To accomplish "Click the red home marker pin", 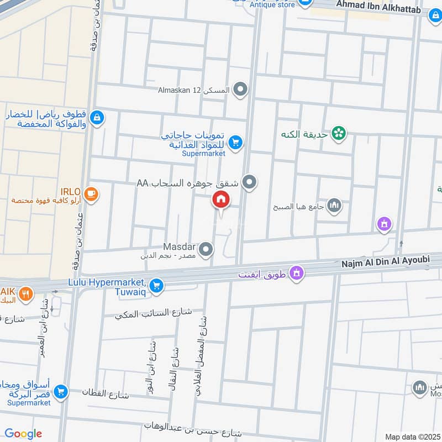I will pyautogui.click(x=221, y=200).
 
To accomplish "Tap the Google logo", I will pyautogui.click(x=23, y=434).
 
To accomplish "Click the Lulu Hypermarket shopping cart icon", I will pyautogui.click(x=157, y=285).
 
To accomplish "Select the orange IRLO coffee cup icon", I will pyautogui.click(x=91, y=194).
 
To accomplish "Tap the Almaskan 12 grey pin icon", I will pyautogui.click(x=240, y=89).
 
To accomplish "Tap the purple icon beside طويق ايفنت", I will pyautogui.click(x=297, y=273).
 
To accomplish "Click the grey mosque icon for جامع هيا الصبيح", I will pyautogui.click(x=334, y=207).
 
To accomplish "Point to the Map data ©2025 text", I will pyautogui.click(x=412, y=436).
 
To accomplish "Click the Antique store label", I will pyautogui.click(x=272, y=5).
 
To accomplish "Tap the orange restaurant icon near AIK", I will pyautogui.click(x=25, y=294).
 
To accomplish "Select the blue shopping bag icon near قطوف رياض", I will pyautogui.click(x=97, y=117).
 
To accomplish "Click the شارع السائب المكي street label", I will pyautogui.click(x=153, y=313).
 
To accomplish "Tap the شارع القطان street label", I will pyautogui.click(x=105, y=394).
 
